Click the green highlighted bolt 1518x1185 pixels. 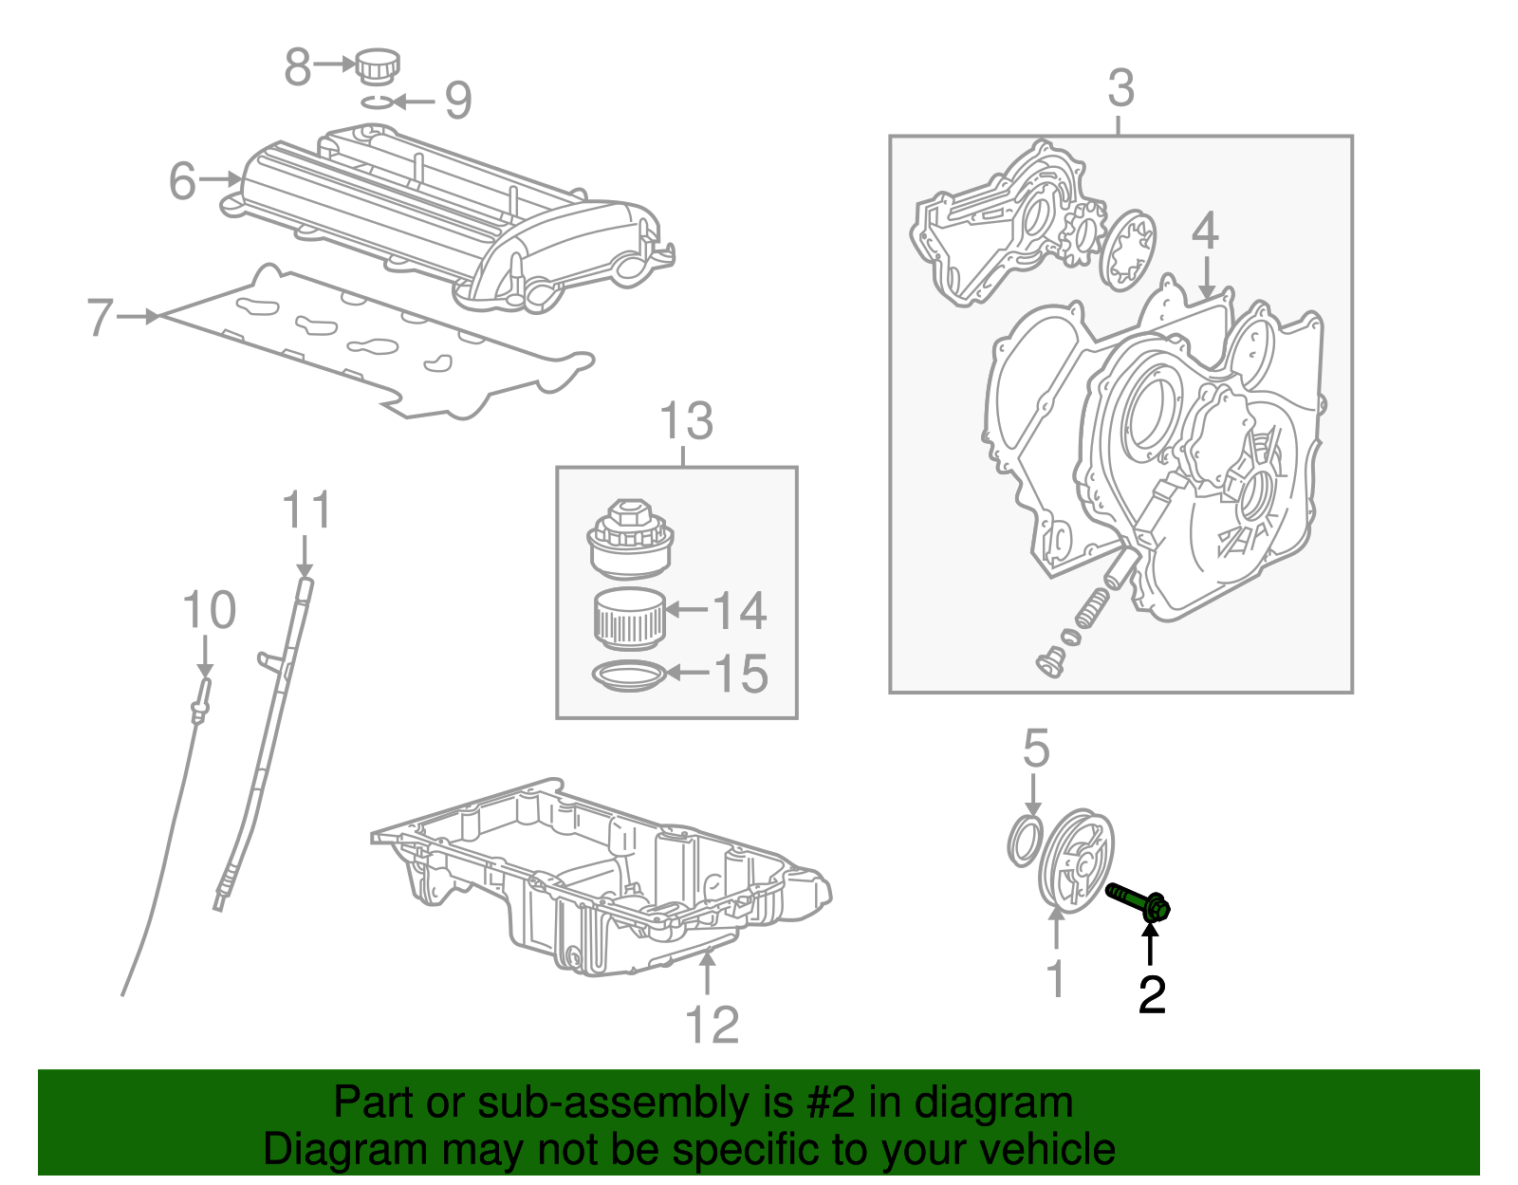(x=1137, y=900)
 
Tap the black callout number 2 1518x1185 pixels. (x=1151, y=993)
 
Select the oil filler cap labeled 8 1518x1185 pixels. (x=377, y=66)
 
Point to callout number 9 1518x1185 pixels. (x=458, y=101)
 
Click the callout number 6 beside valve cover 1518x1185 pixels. (x=182, y=180)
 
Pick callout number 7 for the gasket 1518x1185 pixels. (x=100, y=318)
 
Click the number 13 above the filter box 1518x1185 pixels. (x=686, y=421)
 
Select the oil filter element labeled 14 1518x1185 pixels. (x=628, y=617)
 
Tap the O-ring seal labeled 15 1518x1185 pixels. (x=626, y=676)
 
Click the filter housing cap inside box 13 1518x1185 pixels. (x=629, y=541)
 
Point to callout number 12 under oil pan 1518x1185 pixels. (x=712, y=1025)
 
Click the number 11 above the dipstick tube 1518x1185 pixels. (x=307, y=510)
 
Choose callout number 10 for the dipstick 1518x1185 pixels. (x=209, y=610)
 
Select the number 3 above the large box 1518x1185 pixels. (x=1120, y=88)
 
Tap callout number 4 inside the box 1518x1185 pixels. (x=1204, y=231)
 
